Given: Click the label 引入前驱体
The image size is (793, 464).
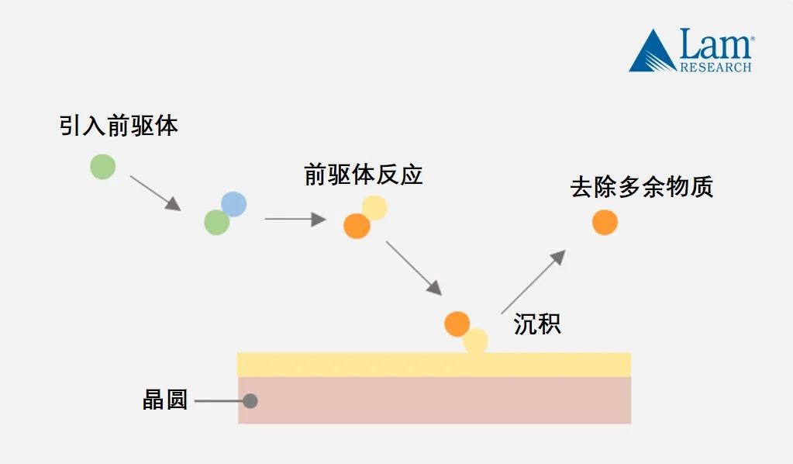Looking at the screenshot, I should [119, 126].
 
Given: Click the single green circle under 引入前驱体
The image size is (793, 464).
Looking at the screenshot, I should [102, 166].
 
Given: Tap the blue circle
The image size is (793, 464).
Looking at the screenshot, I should [233, 204].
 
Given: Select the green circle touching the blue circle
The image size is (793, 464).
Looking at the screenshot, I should [216, 223].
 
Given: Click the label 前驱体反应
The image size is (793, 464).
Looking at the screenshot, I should [364, 174].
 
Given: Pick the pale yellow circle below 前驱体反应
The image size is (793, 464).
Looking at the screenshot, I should [374, 207].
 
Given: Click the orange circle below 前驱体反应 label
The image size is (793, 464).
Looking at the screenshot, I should [357, 226].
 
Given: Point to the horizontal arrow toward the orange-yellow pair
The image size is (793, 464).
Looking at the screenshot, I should [295, 220].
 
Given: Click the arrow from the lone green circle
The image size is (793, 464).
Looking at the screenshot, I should [155, 192].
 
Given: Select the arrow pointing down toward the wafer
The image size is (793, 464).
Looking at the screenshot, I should [414, 268].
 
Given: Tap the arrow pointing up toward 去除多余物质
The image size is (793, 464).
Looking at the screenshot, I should [533, 282].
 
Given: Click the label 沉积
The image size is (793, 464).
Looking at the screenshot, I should [537, 324].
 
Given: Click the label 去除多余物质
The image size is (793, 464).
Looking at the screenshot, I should [642, 188].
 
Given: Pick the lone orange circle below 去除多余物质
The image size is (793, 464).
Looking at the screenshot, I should [605, 222].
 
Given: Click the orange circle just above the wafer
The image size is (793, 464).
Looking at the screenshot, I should [457, 324].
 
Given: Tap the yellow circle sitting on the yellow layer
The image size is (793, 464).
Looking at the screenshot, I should [475, 341].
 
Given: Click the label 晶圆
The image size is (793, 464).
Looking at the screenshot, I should [165, 400].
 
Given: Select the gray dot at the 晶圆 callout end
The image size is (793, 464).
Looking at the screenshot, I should [250, 401].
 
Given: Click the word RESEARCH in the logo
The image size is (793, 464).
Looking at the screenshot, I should [715, 68].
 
